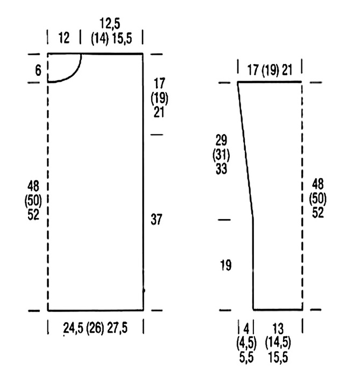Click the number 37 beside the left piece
click(157, 219)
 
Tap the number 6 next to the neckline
click(38, 70)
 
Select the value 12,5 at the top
click(110, 24)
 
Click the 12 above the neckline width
click(64, 38)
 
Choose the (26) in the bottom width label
click(95, 328)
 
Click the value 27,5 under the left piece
click(117, 328)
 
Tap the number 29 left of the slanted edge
click(221, 140)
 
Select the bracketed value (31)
click(221, 155)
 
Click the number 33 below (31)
click(221, 168)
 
